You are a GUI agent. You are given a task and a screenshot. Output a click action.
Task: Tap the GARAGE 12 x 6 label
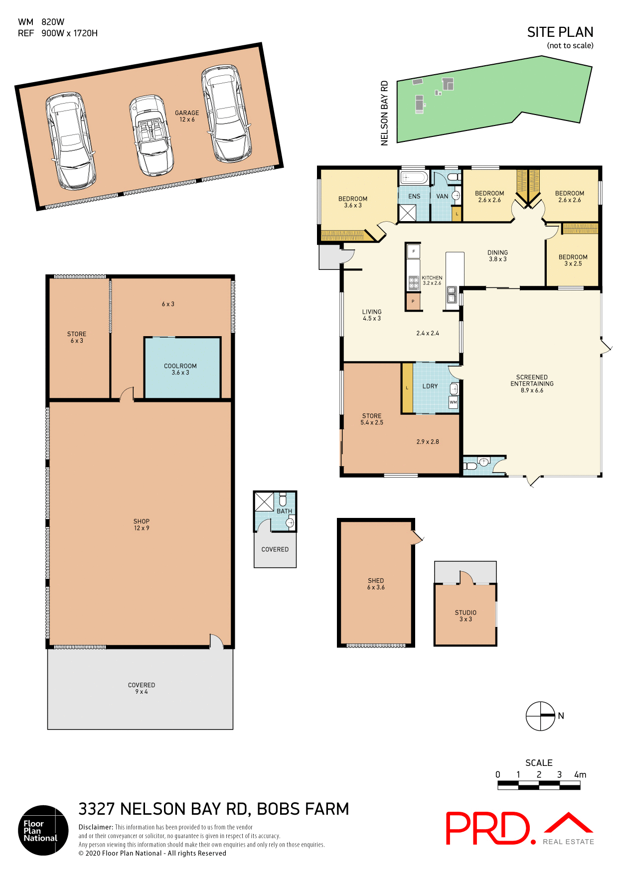click(x=187, y=116)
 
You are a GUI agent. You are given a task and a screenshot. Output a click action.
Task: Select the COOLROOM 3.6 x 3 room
click(x=182, y=369)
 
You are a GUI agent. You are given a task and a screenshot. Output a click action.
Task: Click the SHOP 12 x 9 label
click(x=142, y=524)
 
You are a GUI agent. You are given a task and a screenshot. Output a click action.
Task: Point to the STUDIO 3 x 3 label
click(x=465, y=616)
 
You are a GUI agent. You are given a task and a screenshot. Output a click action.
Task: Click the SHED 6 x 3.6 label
click(x=376, y=584)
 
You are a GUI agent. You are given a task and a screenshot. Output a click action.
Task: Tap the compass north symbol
click(x=541, y=716)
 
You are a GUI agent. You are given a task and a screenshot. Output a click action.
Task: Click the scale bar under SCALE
click(x=539, y=785)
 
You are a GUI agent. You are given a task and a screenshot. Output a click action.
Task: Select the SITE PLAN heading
click(x=560, y=32)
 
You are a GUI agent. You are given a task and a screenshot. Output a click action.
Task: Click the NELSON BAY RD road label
click(x=384, y=114)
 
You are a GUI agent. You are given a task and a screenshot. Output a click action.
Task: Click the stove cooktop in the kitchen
click(x=413, y=283)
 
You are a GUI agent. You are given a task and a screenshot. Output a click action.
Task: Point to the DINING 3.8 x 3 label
click(x=497, y=255)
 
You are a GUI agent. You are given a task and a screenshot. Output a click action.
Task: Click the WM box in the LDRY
click(x=453, y=402)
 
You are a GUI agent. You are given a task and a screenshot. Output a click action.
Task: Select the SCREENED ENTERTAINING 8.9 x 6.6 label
click(x=532, y=383)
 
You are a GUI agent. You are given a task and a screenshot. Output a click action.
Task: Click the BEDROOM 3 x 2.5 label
click(x=573, y=260)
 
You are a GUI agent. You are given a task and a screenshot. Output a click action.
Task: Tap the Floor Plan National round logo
click(x=43, y=830)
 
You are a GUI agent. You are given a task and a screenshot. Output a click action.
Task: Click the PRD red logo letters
click(x=487, y=828)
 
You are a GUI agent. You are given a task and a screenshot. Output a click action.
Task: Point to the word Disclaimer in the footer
click(x=95, y=827)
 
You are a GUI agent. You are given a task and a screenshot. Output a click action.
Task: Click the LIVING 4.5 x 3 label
click(x=372, y=315)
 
